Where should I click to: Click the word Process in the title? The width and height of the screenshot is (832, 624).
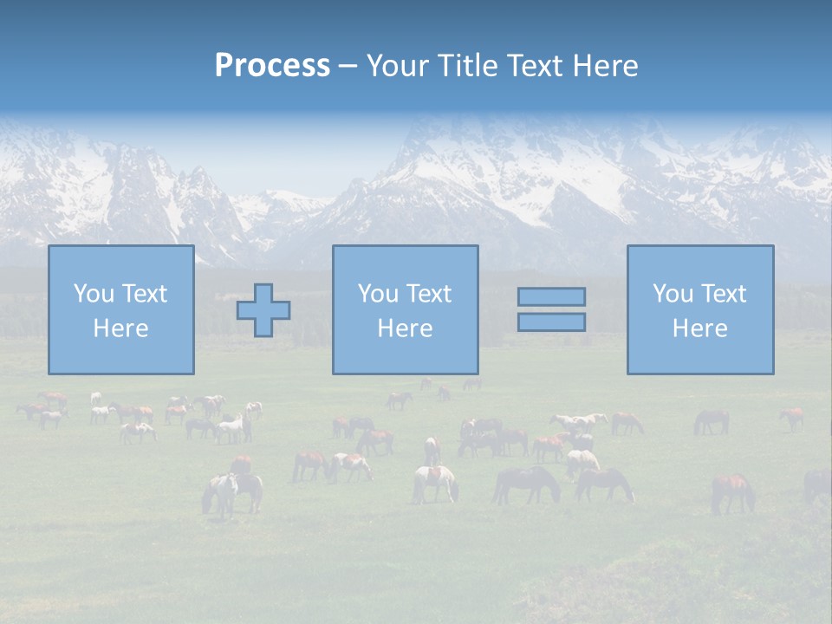[272, 66]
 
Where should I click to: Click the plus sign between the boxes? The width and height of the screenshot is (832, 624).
[263, 310]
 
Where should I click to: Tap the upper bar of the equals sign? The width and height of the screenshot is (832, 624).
[551, 296]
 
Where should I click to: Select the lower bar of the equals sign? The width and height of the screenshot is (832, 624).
[551, 322]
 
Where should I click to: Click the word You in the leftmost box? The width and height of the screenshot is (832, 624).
[94, 294]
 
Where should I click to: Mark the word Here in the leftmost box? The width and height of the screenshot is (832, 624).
[120, 328]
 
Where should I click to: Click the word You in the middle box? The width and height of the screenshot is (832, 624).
[378, 294]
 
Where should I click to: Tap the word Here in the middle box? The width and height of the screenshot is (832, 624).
[405, 328]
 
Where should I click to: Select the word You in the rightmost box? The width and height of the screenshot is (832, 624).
[673, 294]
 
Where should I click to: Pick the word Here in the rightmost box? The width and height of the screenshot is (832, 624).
[699, 328]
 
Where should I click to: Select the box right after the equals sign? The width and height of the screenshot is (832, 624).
[700, 355]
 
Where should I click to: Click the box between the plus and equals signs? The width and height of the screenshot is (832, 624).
[406, 355]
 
